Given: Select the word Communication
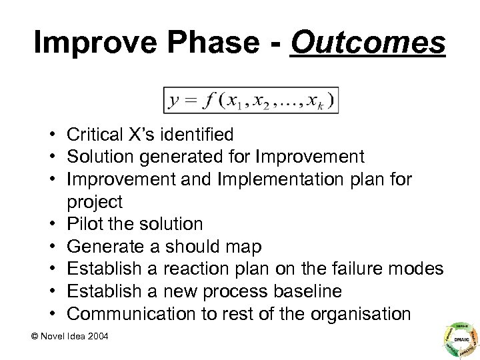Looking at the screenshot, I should (127, 314).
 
